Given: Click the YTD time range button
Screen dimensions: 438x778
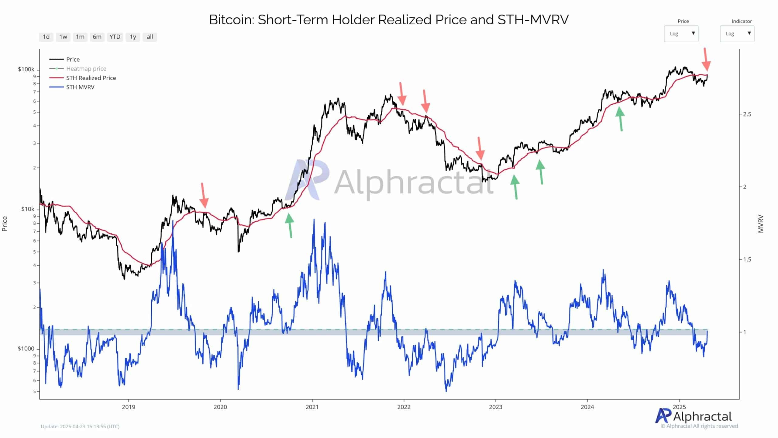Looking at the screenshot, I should point(115,37).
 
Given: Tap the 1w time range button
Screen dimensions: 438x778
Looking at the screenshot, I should point(63,37).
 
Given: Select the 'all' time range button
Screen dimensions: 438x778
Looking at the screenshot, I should point(150,37).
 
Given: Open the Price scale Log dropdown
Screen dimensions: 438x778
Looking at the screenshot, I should point(681,33).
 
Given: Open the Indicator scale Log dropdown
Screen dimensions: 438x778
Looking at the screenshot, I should point(737,33).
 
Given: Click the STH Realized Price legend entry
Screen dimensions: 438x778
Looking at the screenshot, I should point(91,78).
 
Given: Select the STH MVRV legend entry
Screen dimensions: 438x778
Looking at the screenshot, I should point(80,87).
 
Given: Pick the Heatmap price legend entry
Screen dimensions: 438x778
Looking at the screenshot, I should point(86,68).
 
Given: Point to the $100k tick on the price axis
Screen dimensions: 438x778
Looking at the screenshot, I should point(26,69).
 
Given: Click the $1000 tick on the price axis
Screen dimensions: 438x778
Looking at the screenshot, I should point(26,349).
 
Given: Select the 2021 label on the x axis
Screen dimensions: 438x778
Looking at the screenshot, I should point(312,407).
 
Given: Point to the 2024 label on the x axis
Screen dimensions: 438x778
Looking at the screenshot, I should point(587,407).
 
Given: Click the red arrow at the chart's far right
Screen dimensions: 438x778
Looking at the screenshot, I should point(706,60).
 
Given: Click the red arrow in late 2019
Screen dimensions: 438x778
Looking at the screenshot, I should point(204,195).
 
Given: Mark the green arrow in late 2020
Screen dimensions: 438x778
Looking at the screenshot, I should point(290,225).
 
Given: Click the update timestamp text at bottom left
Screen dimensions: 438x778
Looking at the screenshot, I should point(80,426).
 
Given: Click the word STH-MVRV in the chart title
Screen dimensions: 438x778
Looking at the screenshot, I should point(533,20).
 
